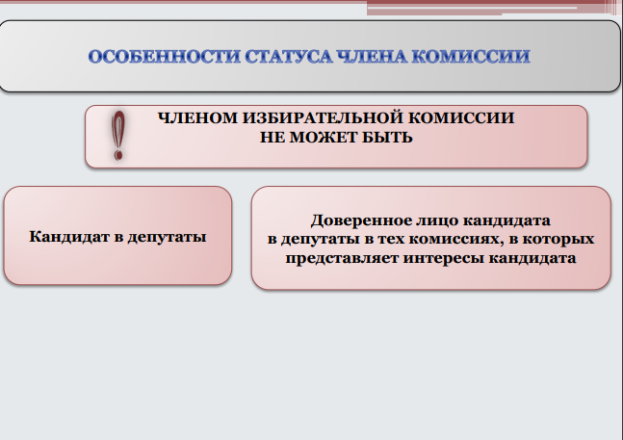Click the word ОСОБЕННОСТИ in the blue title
click(164, 56)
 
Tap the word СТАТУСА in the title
click(289, 56)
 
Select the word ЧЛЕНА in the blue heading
click(372, 56)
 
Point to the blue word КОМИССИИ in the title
click(471, 56)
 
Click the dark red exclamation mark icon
click(118, 136)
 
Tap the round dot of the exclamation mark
click(118, 154)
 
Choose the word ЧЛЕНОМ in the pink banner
click(197, 117)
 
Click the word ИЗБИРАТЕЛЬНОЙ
click(323, 117)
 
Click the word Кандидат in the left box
click(69, 237)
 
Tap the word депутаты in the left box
click(167, 238)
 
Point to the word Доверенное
click(361, 220)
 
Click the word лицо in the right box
click(437, 220)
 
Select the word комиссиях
click(454, 239)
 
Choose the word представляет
click(342, 259)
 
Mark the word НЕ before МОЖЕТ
click(273, 138)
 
